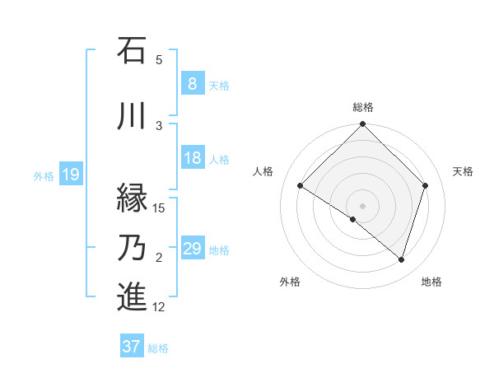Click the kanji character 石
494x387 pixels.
tap(132, 50)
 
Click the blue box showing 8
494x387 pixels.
tap(192, 84)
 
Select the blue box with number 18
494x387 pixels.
tap(192, 159)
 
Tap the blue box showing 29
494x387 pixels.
tap(192, 249)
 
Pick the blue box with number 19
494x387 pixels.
tap(71, 175)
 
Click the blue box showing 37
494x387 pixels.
tap(132, 347)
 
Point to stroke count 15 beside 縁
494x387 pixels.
tap(159, 207)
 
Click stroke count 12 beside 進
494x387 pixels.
tap(159, 307)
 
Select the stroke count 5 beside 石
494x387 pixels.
tap(159, 59)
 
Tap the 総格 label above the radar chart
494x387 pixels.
tap(362, 107)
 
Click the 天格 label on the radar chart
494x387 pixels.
tap(464, 171)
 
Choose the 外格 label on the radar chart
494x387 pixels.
tap(290, 282)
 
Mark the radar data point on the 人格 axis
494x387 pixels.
tap(301, 186)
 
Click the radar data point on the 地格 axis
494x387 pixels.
tap(401, 260)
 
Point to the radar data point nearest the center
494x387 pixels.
tap(353, 220)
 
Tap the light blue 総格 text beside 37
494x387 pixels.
tap(159, 348)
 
